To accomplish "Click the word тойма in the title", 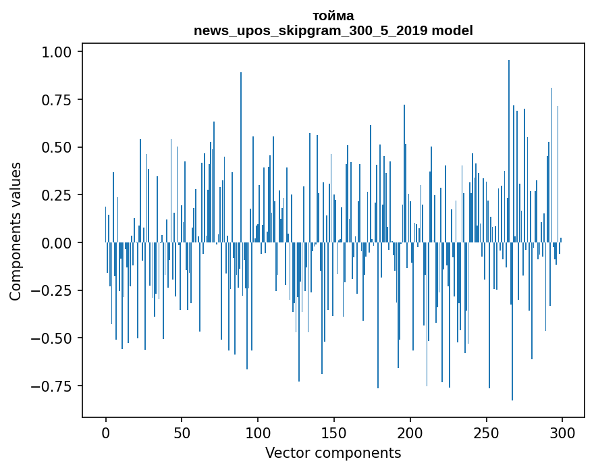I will (333, 16).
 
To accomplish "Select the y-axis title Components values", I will (16, 231).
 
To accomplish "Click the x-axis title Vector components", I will (333, 453).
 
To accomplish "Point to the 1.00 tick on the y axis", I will (62, 52).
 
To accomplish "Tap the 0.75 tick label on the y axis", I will (62, 100).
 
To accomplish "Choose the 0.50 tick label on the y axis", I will (62, 148).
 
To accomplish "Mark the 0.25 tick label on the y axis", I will (62, 196).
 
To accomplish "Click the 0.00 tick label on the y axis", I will (62, 243).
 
